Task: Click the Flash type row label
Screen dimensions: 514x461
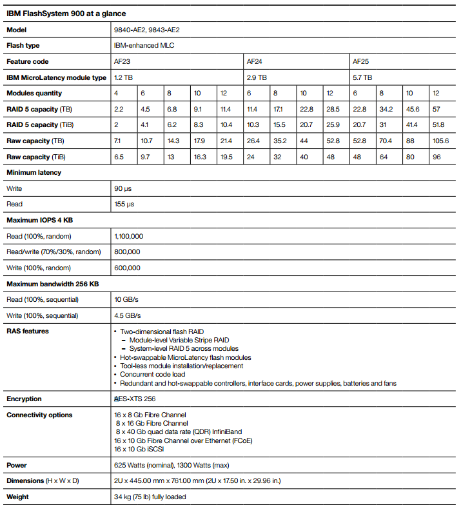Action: (23, 46)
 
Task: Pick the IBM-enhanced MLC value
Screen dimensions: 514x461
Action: (144, 46)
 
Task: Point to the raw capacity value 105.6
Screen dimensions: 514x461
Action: (440, 141)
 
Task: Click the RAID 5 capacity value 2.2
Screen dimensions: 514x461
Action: (119, 109)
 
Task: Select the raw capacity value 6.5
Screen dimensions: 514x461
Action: (119, 157)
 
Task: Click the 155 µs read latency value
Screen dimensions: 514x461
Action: (125, 204)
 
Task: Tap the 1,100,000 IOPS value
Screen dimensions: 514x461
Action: (128, 236)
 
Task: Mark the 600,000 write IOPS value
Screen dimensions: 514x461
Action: (127, 268)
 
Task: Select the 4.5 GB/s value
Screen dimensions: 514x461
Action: (127, 315)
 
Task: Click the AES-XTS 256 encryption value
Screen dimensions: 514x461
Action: (134, 399)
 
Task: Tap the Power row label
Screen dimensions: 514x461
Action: (16, 465)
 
